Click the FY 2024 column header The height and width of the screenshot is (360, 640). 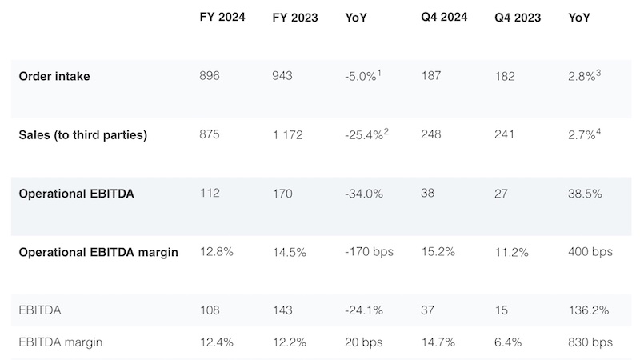pyautogui.click(x=221, y=18)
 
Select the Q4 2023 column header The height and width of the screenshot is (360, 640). pyautogui.click(x=518, y=18)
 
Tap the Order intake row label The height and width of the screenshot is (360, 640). pyautogui.click(x=55, y=76)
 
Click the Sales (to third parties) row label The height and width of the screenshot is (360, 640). pyautogui.click(x=83, y=135)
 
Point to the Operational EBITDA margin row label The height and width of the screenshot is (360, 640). pyautogui.click(x=98, y=251)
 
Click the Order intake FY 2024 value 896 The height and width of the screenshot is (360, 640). pyautogui.click(x=210, y=76)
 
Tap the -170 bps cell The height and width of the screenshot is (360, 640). pyautogui.click(x=365, y=251)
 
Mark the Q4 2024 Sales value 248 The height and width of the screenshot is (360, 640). pyautogui.click(x=432, y=135)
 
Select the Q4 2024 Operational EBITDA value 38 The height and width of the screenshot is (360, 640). pyautogui.click(x=428, y=193)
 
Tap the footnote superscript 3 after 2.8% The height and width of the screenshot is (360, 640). pyautogui.click(x=598, y=71)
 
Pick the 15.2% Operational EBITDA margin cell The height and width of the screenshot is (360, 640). pyautogui.click(x=438, y=251)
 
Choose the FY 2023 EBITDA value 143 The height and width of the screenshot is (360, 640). pyautogui.click(x=283, y=310)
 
